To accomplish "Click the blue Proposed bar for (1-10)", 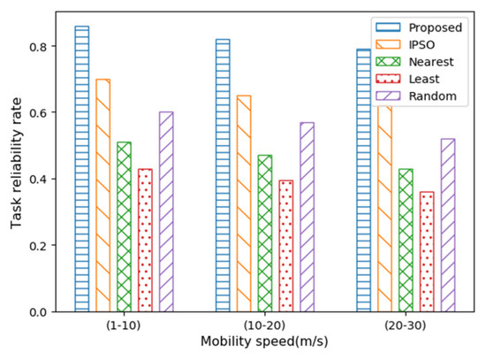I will click(81, 169).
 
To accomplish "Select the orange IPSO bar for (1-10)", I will click(103, 195).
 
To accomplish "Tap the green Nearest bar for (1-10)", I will click(124, 226).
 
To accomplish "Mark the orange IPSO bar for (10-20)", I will click(243, 203).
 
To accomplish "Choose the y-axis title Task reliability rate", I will click(17, 165).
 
